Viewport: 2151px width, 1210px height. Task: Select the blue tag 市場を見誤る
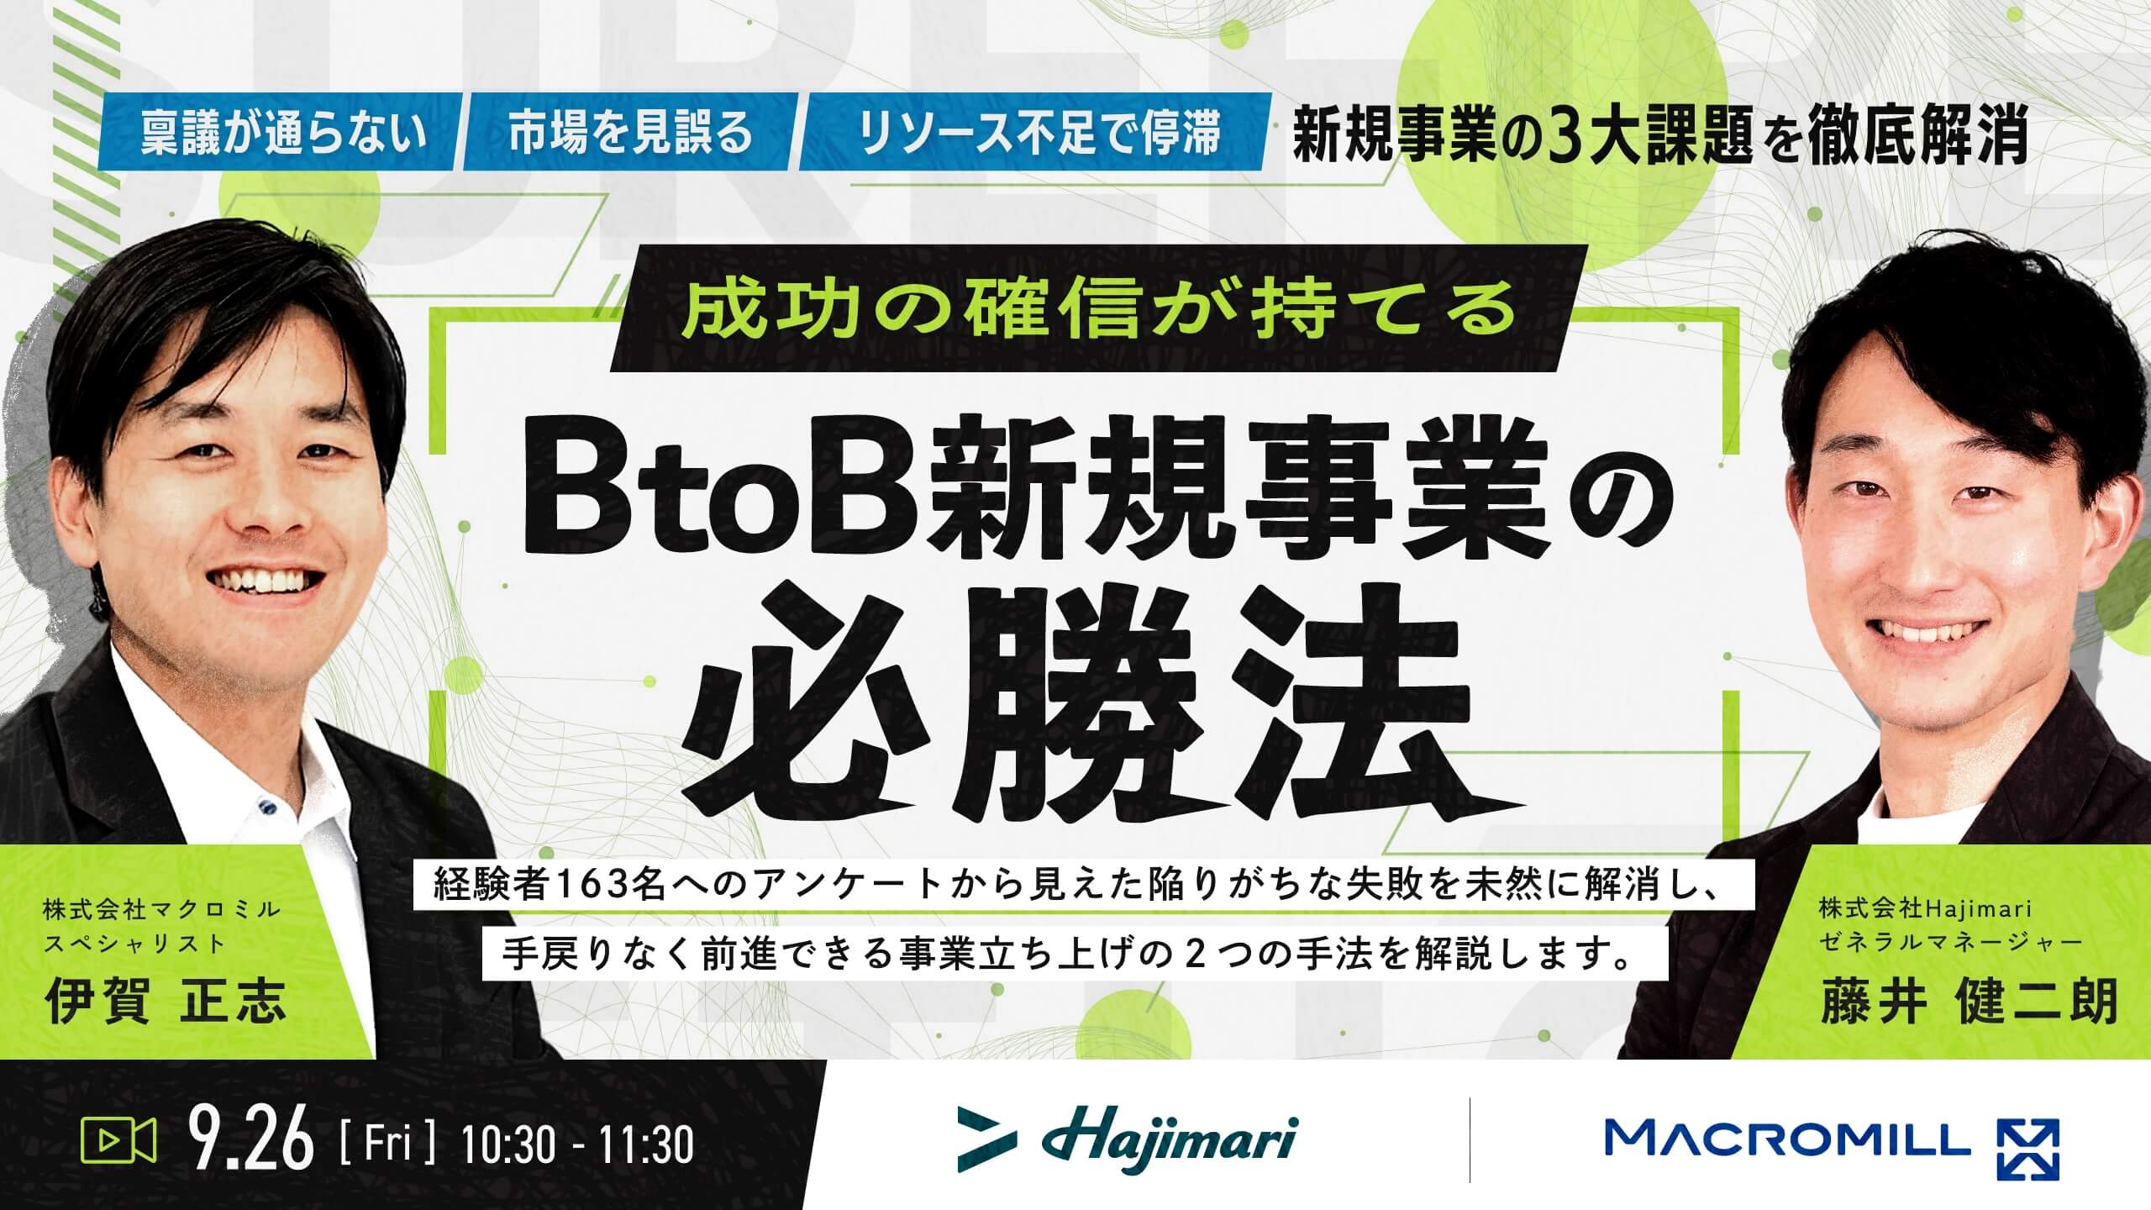click(630, 131)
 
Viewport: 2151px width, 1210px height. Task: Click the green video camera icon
click(118, 1140)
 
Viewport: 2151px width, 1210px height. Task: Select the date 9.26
click(251, 1139)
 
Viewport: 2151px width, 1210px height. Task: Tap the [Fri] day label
click(388, 1139)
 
